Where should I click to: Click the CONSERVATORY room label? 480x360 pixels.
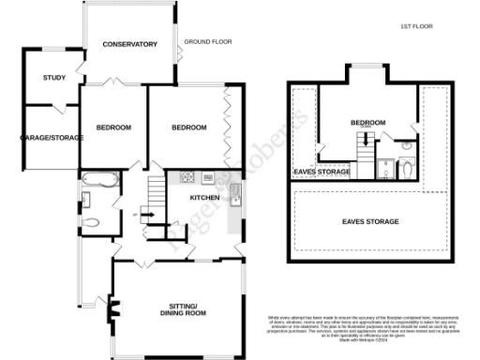coord(129,44)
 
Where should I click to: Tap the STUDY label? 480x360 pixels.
coord(54,78)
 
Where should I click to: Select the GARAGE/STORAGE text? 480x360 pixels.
coord(52,138)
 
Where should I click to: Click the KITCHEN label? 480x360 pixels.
coord(204,199)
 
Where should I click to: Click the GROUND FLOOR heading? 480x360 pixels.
coord(207,42)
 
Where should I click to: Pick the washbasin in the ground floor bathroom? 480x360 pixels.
coord(85,199)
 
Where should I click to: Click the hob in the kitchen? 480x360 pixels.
coord(186,177)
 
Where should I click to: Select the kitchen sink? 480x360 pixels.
coord(234,194)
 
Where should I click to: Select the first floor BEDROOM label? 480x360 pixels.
coord(367,123)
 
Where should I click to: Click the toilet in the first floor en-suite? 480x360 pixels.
coord(405,169)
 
